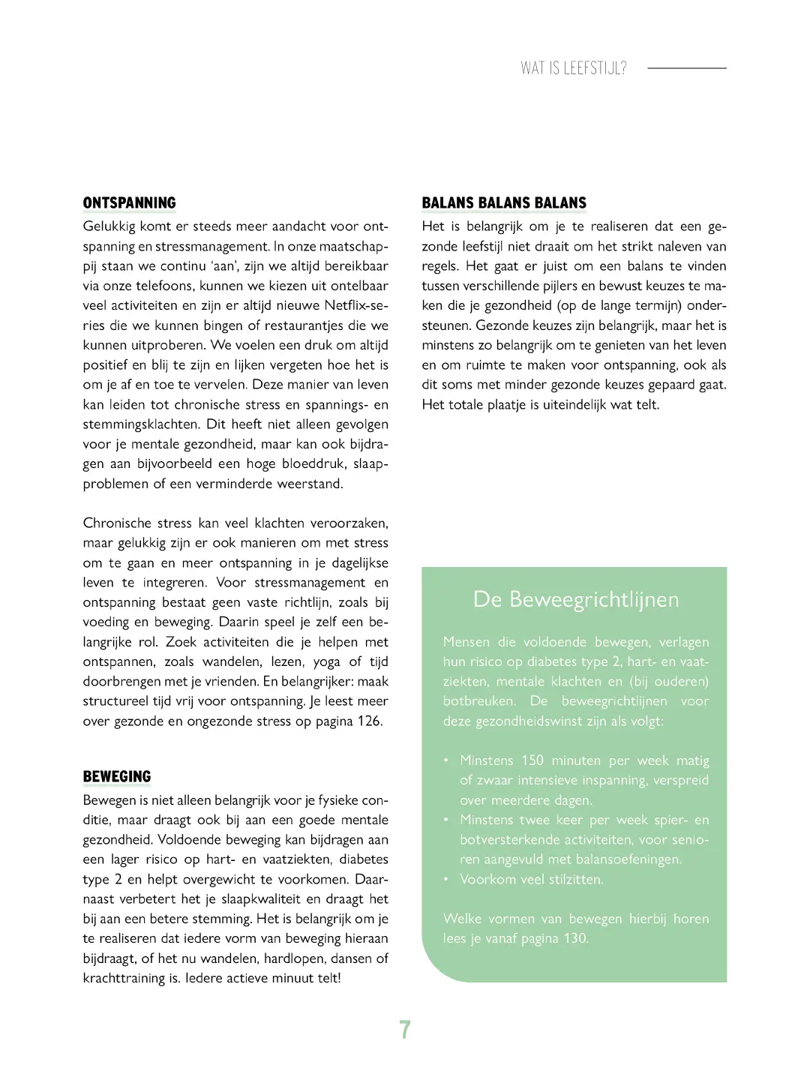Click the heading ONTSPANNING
click(x=129, y=203)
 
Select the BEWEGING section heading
click(x=117, y=777)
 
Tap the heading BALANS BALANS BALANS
click(x=504, y=203)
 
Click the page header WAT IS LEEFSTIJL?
click(x=574, y=68)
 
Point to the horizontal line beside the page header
click(x=686, y=68)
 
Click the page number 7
click(x=405, y=1029)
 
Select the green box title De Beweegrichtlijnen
click(x=576, y=599)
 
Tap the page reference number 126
click(x=368, y=721)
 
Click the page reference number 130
click(x=574, y=938)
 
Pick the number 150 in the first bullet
click(x=532, y=760)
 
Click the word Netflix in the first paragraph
click(x=346, y=305)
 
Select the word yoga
click(x=326, y=661)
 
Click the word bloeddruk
click(x=313, y=463)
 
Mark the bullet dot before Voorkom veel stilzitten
click(x=446, y=879)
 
